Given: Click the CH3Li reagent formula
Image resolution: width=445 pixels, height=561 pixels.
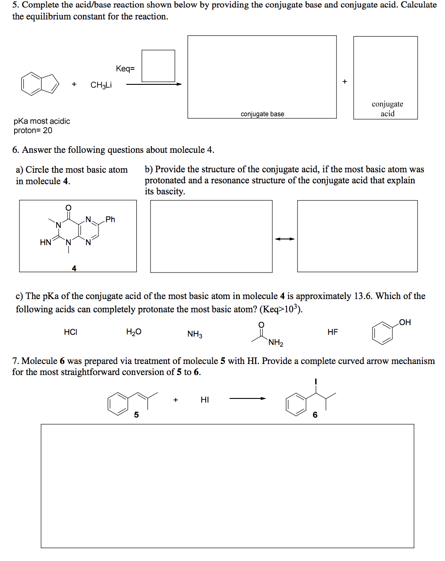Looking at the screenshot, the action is click(101, 85).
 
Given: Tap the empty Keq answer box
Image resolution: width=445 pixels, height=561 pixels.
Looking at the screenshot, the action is click(158, 66).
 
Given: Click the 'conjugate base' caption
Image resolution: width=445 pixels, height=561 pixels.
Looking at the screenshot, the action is click(262, 114).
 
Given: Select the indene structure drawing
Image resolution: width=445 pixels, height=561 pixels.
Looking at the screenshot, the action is click(40, 83).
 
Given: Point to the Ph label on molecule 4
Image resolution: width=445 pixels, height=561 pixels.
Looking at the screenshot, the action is click(110, 219).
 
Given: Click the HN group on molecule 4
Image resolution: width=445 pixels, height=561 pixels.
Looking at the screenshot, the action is click(45, 242).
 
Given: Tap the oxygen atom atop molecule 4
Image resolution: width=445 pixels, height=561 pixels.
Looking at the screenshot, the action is click(68, 208).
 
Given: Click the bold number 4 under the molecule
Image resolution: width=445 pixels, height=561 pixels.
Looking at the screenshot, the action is click(74, 268).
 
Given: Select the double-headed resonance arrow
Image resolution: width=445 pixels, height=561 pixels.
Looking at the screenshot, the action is click(285, 239).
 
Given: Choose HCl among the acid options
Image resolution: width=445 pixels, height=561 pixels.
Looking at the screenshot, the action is click(71, 332).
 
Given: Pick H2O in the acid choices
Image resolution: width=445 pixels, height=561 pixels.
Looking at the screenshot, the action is click(134, 332).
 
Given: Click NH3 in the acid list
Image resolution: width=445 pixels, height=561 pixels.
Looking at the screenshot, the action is click(195, 334).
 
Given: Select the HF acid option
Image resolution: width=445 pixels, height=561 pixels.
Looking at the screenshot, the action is click(333, 332).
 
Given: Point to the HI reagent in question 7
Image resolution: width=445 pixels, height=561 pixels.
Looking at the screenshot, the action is click(205, 400).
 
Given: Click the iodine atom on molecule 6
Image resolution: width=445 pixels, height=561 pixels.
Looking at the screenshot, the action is click(316, 381).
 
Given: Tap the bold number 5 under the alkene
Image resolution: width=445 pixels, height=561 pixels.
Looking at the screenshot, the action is click(136, 415).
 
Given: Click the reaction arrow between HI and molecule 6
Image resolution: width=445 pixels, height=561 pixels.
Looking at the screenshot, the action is click(247, 398).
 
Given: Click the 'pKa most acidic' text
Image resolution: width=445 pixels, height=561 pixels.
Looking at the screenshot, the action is click(42, 121).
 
